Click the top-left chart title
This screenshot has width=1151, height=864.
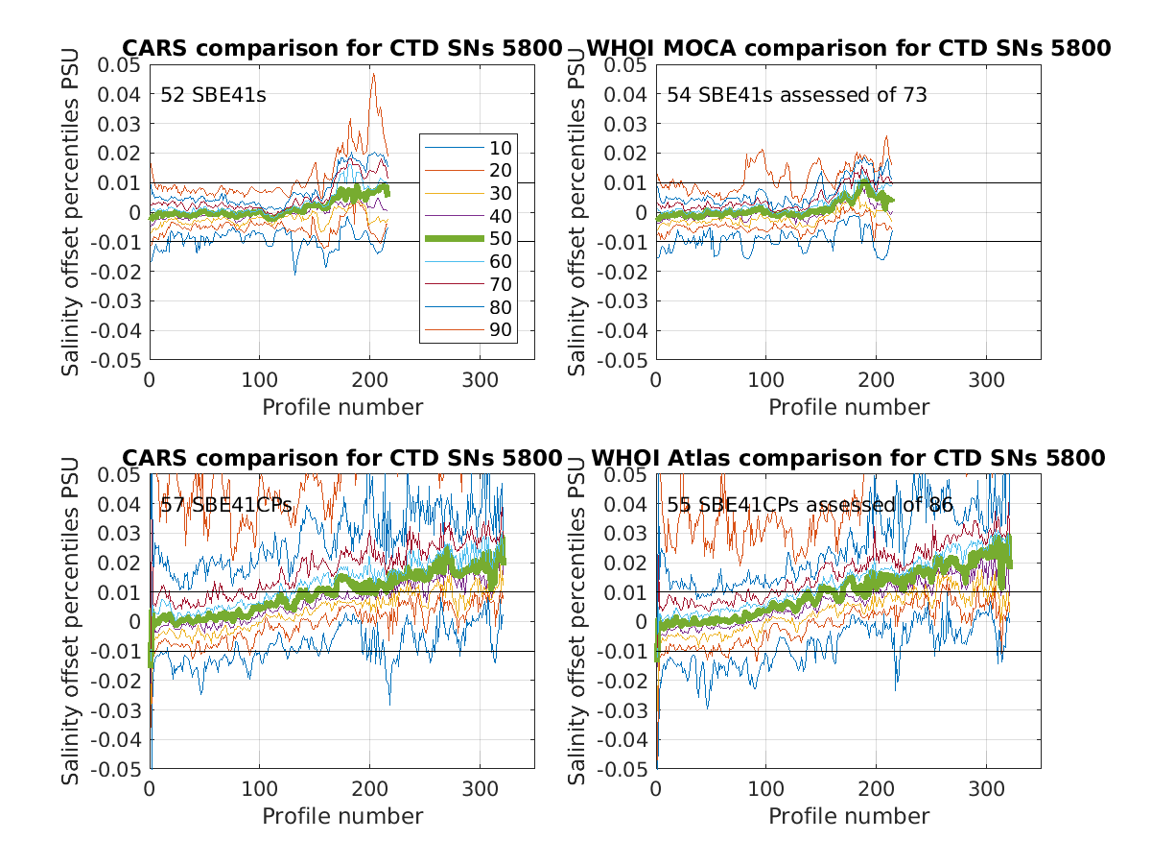point(341,48)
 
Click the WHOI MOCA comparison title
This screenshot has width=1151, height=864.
point(848,48)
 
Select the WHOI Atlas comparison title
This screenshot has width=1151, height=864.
point(848,458)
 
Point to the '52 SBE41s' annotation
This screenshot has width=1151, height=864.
point(200,95)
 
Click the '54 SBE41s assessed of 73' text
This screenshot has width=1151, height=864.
point(797,95)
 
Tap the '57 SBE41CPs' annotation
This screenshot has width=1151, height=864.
point(225,505)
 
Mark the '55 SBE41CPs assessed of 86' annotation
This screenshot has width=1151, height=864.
point(810,505)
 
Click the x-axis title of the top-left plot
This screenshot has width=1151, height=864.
point(342,407)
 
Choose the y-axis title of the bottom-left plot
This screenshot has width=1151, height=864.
point(72,622)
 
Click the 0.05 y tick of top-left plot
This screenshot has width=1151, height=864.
point(119,65)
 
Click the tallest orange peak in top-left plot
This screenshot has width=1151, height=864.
point(373,74)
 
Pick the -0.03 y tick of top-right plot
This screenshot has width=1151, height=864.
point(622,301)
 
